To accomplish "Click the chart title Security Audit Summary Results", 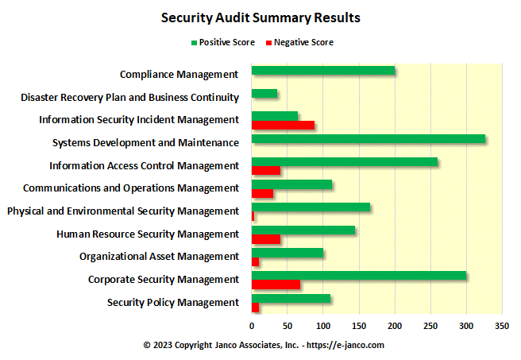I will coord(260,17).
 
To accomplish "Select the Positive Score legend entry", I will coord(222,42).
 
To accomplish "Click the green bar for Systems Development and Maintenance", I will coord(368,140).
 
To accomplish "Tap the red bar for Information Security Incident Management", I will coord(283,125).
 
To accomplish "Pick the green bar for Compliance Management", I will coord(323,71).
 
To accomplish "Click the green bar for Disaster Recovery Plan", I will coord(264,94).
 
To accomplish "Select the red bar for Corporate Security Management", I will coord(276,285).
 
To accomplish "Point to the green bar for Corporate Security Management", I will coord(359,276).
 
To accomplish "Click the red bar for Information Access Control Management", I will coord(266,170).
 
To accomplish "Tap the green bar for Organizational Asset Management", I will coord(288,253).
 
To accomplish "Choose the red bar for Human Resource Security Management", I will coord(266,239).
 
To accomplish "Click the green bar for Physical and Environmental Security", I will coord(311,207).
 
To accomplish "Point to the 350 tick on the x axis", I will coord(502,326).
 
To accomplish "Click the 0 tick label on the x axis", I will coord(252,326).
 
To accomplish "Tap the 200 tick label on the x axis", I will coord(395,326).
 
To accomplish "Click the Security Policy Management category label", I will coord(172,302).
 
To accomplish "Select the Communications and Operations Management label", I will coord(131,188).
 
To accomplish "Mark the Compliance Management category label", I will coord(179,74).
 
